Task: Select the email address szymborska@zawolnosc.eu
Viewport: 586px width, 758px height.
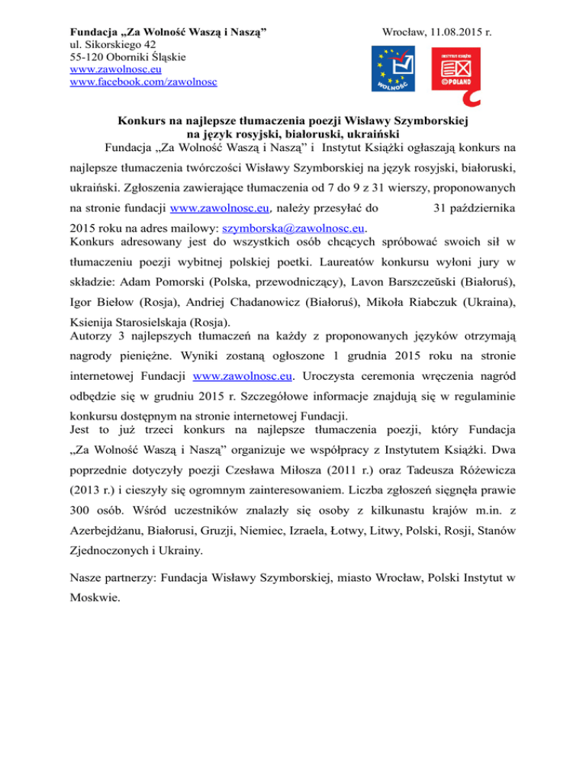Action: pos(294,227)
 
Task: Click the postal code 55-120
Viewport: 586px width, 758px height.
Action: pos(88,57)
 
